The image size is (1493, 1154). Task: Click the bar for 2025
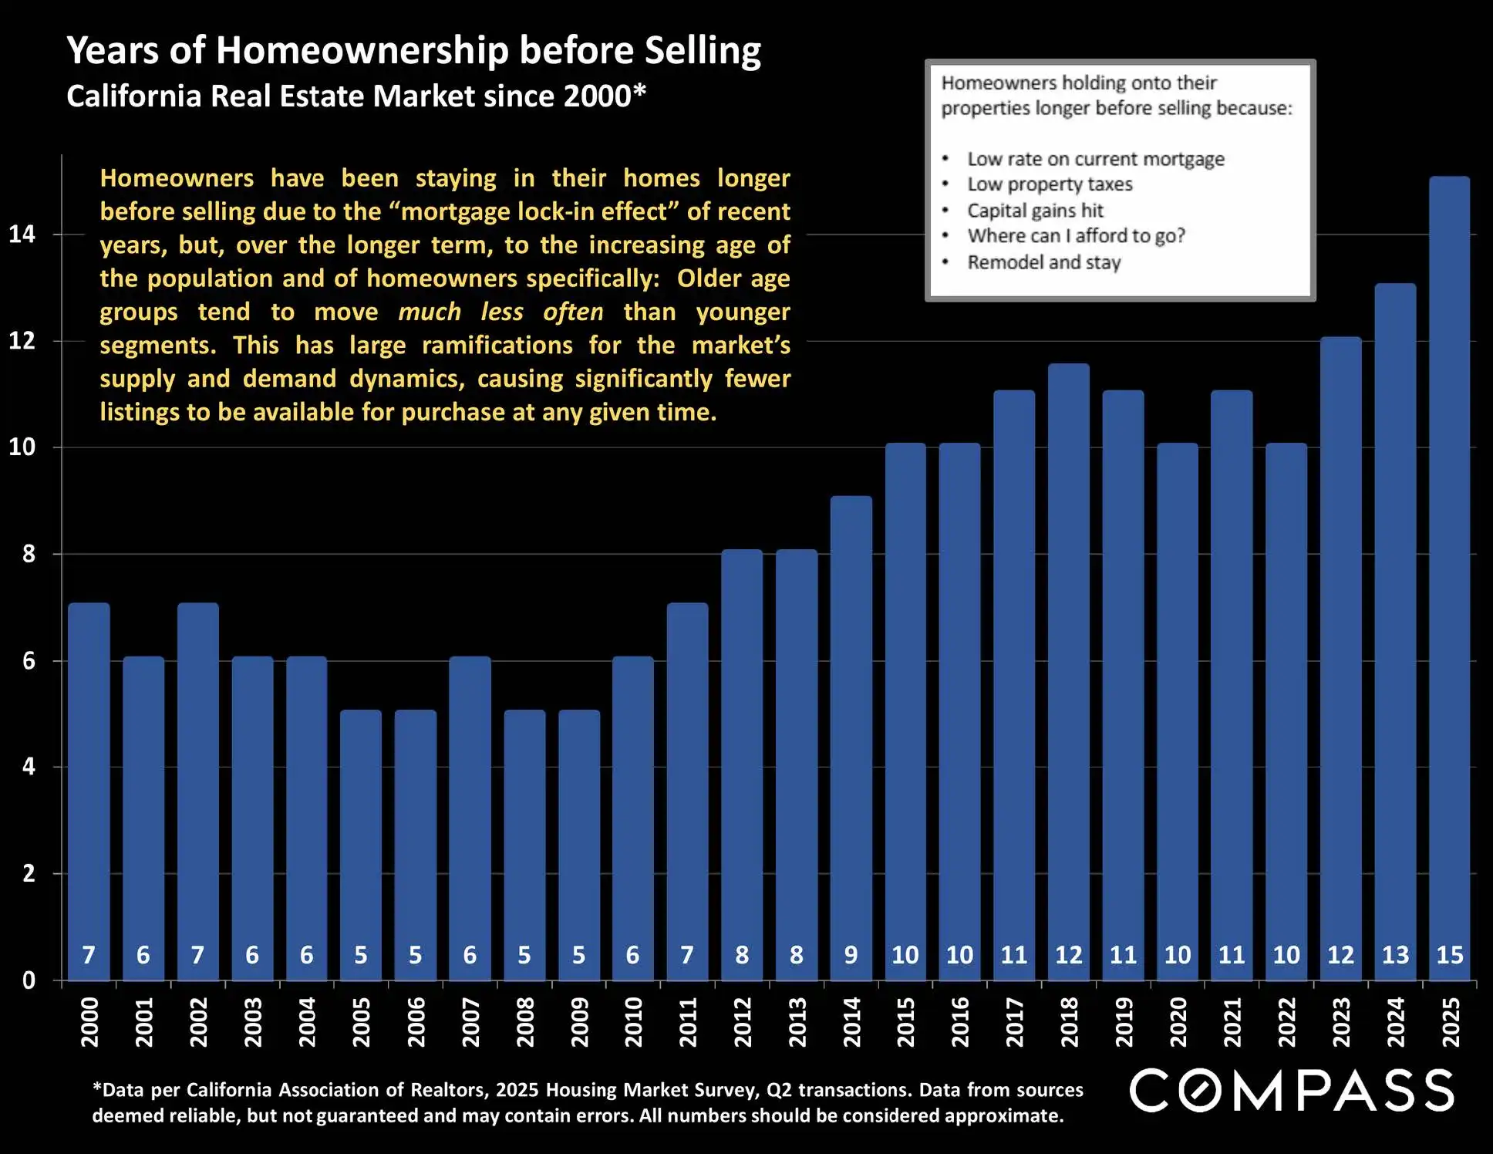pyautogui.click(x=1449, y=579)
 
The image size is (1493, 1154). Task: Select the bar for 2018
pyautogui.click(x=1068, y=671)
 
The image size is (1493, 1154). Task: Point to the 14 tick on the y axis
pyautogui.click(x=22, y=234)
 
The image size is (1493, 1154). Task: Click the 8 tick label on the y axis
pyautogui.click(x=29, y=554)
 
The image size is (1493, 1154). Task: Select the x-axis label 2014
pyautogui.click(x=851, y=1021)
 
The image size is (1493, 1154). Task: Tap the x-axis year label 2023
pyautogui.click(x=1341, y=1021)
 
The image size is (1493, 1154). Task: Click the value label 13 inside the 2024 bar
pyautogui.click(x=1395, y=955)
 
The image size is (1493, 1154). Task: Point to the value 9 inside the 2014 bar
pyautogui.click(x=851, y=955)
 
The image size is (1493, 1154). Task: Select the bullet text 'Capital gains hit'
pyautogui.click(x=1035, y=211)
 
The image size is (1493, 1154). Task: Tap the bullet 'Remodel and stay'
pyautogui.click(x=1043, y=262)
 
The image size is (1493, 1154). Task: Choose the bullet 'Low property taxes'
pyautogui.click(x=1050, y=184)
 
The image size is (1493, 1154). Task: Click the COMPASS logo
pyautogui.click(x=1292, y=1090)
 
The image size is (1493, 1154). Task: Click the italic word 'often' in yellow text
pyautogui.click(x=573, y=312)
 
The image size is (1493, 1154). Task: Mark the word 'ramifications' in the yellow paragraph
pyautogui.click(x=497, y=345)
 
